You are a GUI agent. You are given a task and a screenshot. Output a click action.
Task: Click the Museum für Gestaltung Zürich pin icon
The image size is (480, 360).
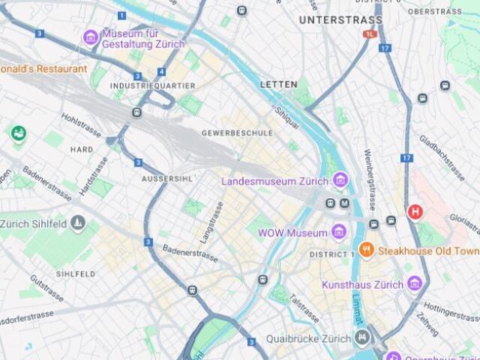[91, 36]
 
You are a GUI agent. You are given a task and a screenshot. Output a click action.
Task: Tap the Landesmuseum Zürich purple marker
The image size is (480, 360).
[340, 181]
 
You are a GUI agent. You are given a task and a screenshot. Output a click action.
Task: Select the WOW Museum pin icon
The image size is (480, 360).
[338, 232]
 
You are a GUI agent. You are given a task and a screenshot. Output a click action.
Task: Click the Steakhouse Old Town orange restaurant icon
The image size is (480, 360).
[366, 250]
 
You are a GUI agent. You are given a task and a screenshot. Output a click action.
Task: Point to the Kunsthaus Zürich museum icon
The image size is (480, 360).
[414, 284]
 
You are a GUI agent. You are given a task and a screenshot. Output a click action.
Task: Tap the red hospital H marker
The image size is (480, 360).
[414, 212]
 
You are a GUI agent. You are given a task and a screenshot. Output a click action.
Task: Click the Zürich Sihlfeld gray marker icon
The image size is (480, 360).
[78, 223]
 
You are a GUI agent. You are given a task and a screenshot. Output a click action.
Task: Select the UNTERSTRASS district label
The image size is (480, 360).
[340, 20]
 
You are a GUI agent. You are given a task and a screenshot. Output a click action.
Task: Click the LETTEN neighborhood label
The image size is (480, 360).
[278, 85]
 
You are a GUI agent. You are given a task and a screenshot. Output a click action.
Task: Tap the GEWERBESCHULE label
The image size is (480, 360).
[237, 133]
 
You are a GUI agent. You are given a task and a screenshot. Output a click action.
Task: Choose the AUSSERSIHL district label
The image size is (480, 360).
[167, 178]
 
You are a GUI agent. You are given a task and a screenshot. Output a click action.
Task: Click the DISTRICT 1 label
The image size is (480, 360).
[331, 255]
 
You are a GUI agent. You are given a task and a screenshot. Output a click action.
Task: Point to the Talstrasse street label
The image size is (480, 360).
[304, 308]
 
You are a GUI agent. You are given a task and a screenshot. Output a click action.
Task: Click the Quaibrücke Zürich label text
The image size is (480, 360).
[313, 338]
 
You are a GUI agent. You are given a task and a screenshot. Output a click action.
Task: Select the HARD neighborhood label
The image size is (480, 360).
[82, 149]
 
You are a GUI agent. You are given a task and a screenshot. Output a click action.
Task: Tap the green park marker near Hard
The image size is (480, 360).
[18, 133]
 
